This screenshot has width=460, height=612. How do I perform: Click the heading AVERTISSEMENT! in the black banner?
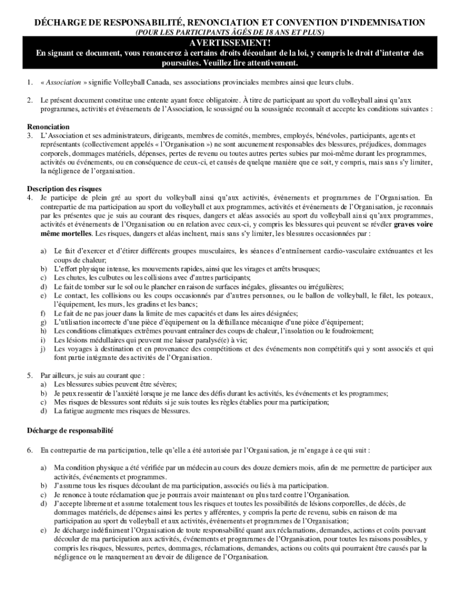click(230, 43)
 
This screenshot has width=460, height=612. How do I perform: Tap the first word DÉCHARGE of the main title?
click(57, 22)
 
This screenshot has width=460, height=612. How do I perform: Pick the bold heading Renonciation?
click(48, 127)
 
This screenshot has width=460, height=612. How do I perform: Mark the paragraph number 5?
click(30, 376)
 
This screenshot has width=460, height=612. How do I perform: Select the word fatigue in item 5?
click(76, 412)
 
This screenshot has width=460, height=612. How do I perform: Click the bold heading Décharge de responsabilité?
click(70, 430)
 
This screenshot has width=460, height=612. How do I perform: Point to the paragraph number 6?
click(30, 449)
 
